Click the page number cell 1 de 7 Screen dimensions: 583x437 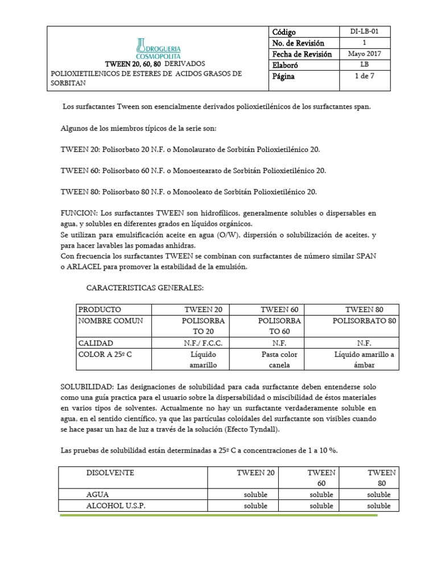pyautogui.click(x=365, y=76)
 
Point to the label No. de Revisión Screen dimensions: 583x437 pyautogui.click(x=298, y=43)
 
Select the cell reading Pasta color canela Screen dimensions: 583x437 pyautogui.click(x=279, y=360)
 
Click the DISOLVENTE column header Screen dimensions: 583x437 pyautogui.click(x=110, y=473)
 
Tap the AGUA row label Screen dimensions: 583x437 pyautogui.click(x=97, y=494)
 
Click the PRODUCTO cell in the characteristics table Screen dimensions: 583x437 pyautogui.click(x=100, y=310)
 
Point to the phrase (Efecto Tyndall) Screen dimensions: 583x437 pyautogui.click(x=250, y=429)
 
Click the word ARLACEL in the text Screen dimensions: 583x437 pyautogui.click(x=88, y=267)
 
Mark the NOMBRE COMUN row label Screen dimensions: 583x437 pyautogui.click(x=110, y=321)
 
